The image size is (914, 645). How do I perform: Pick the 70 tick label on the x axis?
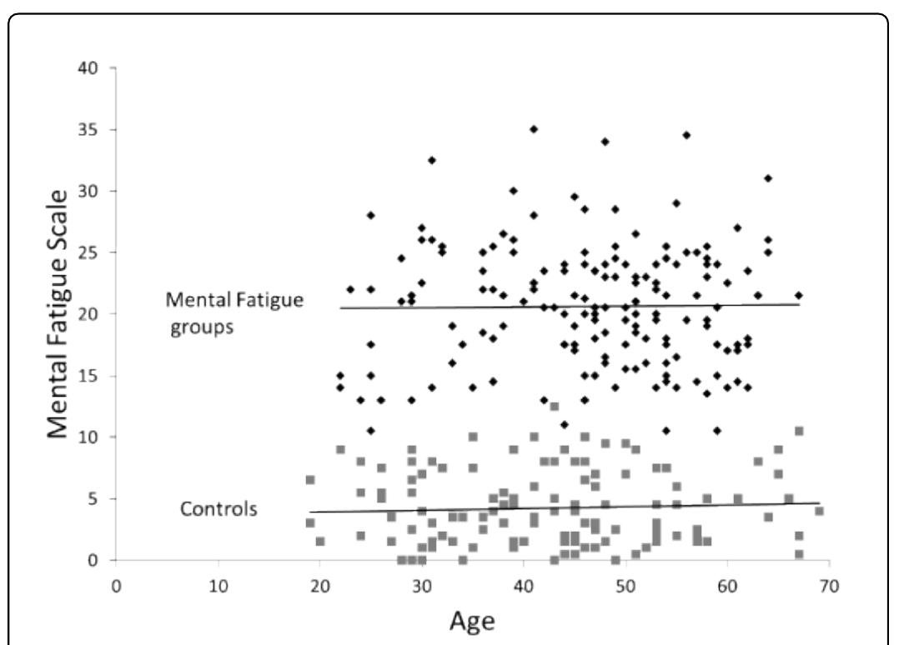click(829, 585)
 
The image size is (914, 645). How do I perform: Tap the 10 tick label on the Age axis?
click(218, 585)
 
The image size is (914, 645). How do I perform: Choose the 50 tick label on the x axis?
click(625, 585)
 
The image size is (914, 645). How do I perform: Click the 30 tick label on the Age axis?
click(422, 585)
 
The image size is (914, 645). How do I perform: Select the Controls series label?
click(218, 509)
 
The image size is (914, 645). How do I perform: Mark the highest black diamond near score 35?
click(534, 129)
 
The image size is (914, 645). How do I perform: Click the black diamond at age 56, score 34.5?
click(686, 135)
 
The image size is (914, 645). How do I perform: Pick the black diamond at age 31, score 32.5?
click(432, 160)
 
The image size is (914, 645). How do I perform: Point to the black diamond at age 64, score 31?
click(768, 178)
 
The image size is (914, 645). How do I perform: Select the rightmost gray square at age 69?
click(819, 511)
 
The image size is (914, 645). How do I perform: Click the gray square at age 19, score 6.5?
click(310, 480)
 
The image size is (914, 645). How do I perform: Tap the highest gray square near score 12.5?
click(555, 407)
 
